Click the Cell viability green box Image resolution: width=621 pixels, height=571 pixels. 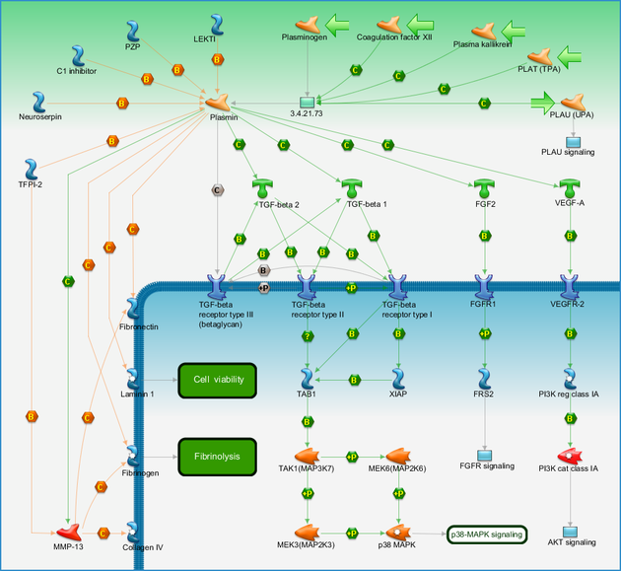click(x=218, y=381)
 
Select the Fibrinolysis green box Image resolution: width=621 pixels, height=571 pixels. click(x=218, y=457)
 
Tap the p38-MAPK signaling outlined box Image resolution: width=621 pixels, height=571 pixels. click(x=487, y=535)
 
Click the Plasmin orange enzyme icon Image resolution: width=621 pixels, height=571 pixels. click(x=218, y=103)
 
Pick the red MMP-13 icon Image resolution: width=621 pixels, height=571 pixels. click(x=69, y=533)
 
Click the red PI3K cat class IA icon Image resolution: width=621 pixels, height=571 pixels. click(x=570, y=456)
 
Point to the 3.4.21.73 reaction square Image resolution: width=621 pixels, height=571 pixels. click(x=307, y=103)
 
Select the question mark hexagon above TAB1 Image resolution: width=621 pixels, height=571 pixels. click(x=308, y=336)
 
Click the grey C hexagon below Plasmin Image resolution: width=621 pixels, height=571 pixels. click(x=217, y=190)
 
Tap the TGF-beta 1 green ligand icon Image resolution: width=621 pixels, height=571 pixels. click(x=352, y=188)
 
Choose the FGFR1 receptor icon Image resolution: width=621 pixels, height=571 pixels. click(x=484, y=287)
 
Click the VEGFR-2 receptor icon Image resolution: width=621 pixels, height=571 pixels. click(x=570, y=287)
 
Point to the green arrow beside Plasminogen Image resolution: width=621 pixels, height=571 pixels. click(x=337, y=26)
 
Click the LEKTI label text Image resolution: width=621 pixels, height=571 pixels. click(x=204, y=39)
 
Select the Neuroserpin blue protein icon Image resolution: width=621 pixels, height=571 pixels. click(x=38, y=103)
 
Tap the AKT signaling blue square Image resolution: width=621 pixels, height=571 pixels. click(x=570, y=532)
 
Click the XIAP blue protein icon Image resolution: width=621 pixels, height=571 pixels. click(x=398, y=380)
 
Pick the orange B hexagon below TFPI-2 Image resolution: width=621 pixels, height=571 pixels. click(x=32, y=417)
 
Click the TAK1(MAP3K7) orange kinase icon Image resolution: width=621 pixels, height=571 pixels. click(x=307, y=456)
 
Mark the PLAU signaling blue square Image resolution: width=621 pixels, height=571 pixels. click(x=573, y=142)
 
